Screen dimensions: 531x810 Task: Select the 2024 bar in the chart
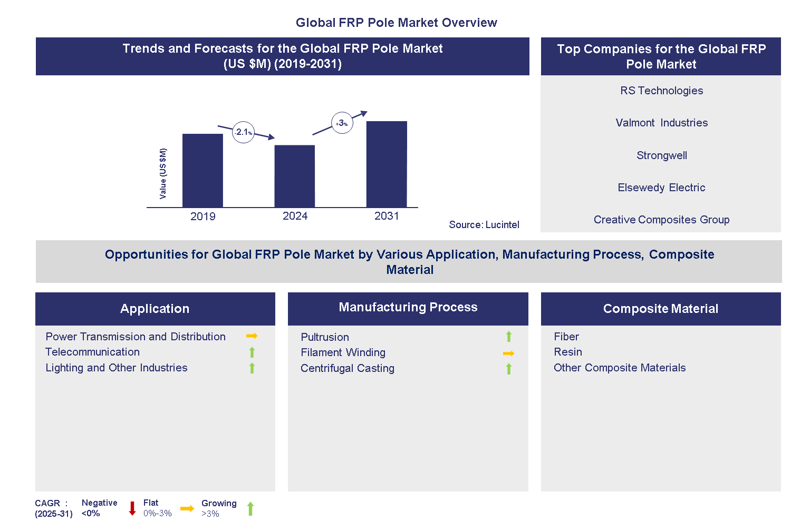294,176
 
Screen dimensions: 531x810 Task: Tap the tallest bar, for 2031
387,164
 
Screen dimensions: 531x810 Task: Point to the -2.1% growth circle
243,132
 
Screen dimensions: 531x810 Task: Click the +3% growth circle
342,123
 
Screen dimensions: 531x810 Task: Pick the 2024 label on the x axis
295,216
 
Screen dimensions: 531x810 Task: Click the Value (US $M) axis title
163,173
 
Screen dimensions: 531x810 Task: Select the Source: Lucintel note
484,225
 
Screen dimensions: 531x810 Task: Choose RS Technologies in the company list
661,91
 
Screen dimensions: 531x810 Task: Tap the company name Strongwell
661,155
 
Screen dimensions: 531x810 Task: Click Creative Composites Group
661,220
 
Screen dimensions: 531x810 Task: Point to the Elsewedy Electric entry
661,188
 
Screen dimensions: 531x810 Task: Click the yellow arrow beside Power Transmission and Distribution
252,336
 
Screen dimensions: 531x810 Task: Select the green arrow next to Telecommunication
252,352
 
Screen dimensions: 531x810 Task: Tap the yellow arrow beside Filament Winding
508,353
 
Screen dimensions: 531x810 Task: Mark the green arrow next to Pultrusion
509,337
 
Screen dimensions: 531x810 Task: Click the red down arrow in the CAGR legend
132,508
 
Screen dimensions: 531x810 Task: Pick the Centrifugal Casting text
347,368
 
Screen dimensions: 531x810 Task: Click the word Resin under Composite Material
567,352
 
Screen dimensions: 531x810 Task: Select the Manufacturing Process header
408,308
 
